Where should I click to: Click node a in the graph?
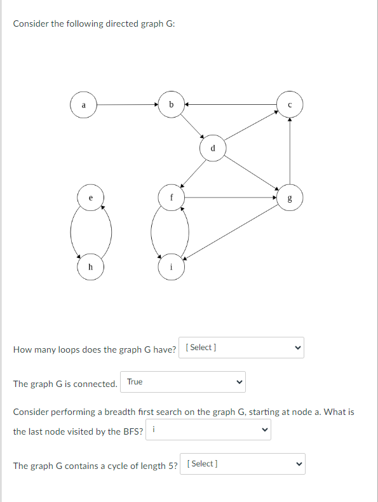83,105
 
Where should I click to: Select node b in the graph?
171,105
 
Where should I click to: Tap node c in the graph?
290,105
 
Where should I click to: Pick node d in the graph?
213,149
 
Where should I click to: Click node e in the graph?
90,198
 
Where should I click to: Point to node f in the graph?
171,198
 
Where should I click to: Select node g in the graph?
290,198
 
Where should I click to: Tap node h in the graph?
90,268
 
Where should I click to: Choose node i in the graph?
171,268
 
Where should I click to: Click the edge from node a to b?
127,105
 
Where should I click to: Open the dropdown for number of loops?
242,348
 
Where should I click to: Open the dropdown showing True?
183,382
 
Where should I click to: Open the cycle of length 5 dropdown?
243,464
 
